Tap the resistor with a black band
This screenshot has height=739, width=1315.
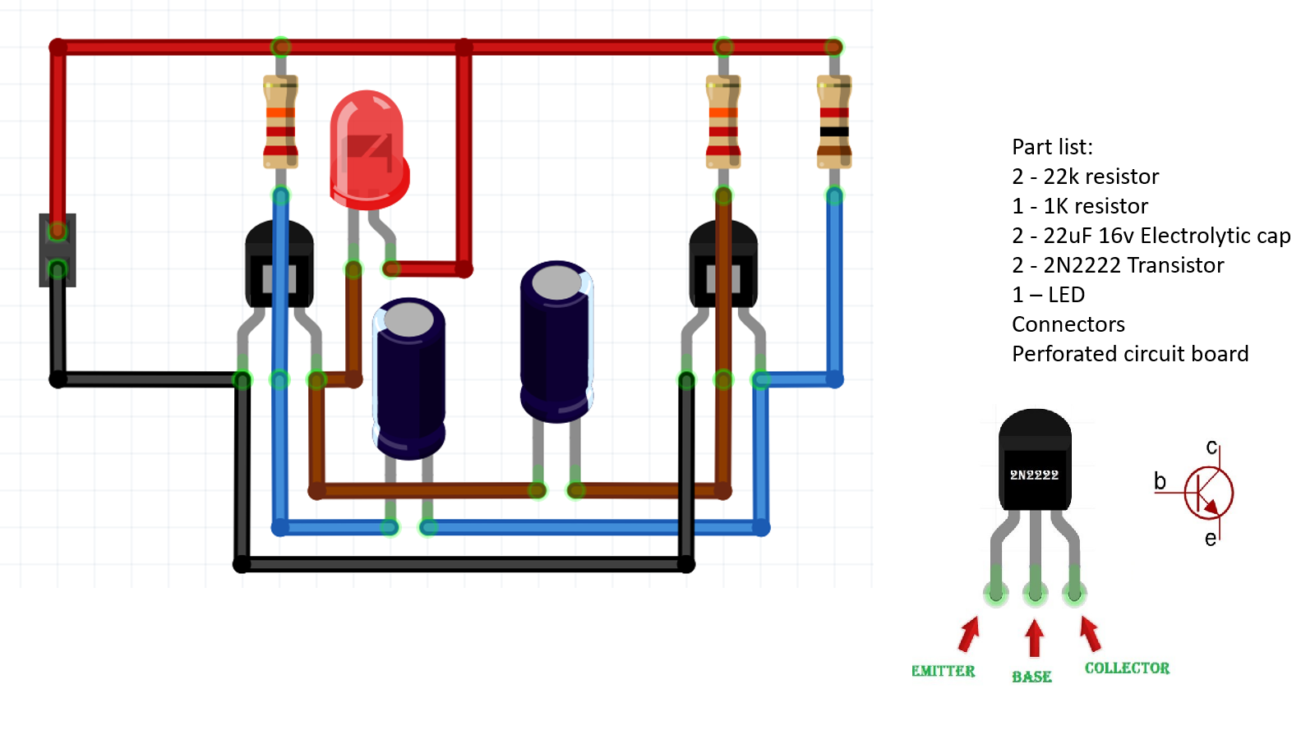coord(833,123)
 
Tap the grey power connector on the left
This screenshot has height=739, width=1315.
coord(58,250)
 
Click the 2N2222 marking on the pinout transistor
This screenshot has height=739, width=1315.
coord(1034,475)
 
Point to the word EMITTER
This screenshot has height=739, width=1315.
coord(943,671)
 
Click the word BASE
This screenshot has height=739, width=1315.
coord(1031,677)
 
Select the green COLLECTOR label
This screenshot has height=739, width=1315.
coord(1127,668)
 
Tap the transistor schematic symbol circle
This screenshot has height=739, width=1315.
coord(1208,493)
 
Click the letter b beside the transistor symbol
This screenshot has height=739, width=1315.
coord(1160,481)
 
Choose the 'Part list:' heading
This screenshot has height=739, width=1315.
coord(1052,147)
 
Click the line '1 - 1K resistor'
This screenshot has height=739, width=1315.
coord(1080,206)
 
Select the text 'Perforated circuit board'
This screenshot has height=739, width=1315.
coord(1130,354)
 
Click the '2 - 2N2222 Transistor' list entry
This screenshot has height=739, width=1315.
coord(1118,265)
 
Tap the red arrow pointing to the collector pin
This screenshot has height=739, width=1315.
coord(1091,634)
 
